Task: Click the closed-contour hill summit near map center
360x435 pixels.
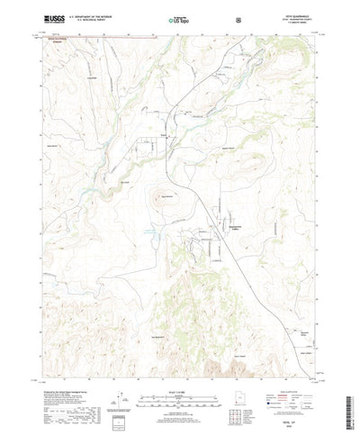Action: [166, 195]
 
